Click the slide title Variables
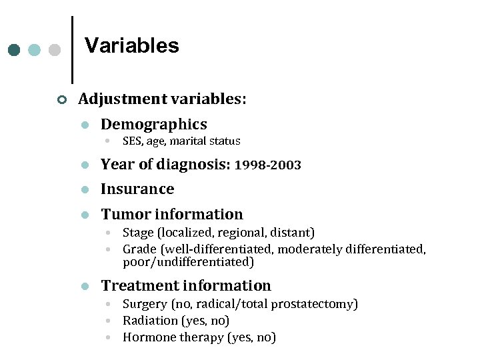coord(131,45)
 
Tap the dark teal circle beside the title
coord(15,50)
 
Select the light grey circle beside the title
coord(55,50)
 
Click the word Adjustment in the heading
coord(122,99)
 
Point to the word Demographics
coord(153,124)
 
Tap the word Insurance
coord(137,189)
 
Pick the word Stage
coord(137,233)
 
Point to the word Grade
coord(139,249)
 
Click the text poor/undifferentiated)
coord(189,262)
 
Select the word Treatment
coord(135,286)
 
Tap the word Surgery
coord(145,305)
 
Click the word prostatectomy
coord(317,305)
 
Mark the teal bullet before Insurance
coord(84,190)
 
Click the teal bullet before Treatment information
coord(84,287)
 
